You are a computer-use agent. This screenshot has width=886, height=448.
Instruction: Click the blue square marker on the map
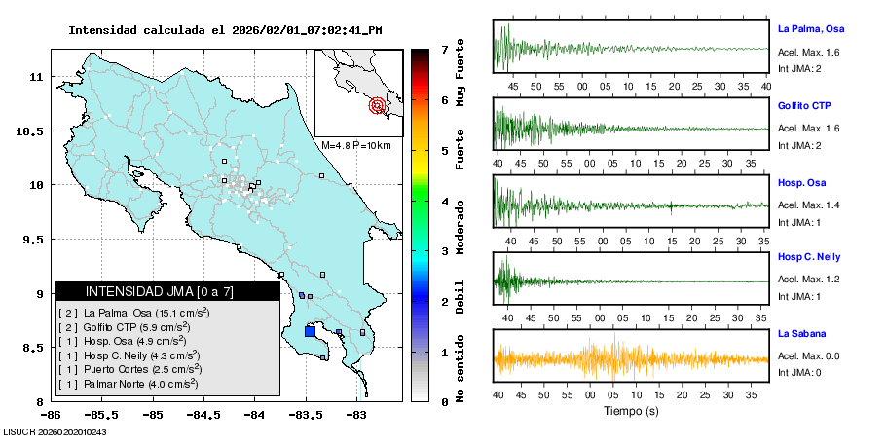click(x=310, y=331)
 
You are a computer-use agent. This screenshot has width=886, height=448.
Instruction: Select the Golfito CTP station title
click(x=804, y=105)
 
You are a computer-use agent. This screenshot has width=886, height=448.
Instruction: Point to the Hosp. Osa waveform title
click(x=802, y=183)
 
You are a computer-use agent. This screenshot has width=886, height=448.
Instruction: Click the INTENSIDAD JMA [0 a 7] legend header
click(x=145, y=291)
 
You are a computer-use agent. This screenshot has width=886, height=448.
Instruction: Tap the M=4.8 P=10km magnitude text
click(x=355, y=145)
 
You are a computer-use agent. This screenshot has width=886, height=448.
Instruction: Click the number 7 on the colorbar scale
click(x=444, y=49)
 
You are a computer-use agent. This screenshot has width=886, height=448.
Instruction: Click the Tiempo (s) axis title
click(x=632, y=411)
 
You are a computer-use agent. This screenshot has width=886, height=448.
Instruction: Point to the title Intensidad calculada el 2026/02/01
click(x=225, y=30)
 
